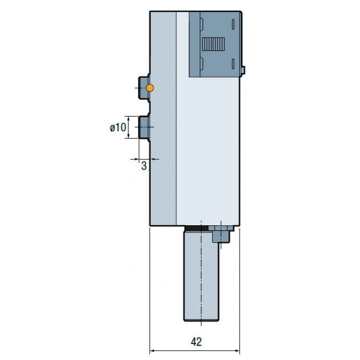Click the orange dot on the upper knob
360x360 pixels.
(x=150, y=88)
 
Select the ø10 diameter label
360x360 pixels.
(x=118, y=127)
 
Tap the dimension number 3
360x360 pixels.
(x=143, y=166)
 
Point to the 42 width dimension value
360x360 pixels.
(x=196, y=342)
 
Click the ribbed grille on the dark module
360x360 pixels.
(x=213, y=44)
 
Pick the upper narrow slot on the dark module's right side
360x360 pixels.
(x=233, y=24)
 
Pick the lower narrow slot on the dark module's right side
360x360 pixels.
(x=233, y=64)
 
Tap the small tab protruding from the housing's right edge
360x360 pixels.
(x=243, y=70)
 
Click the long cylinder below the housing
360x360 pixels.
(x=201, y=276)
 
